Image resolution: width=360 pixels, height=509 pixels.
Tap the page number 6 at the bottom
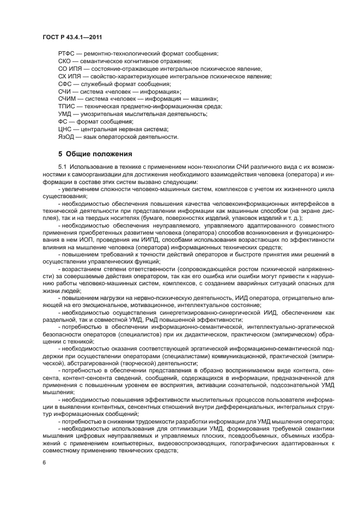tap(44, 463)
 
